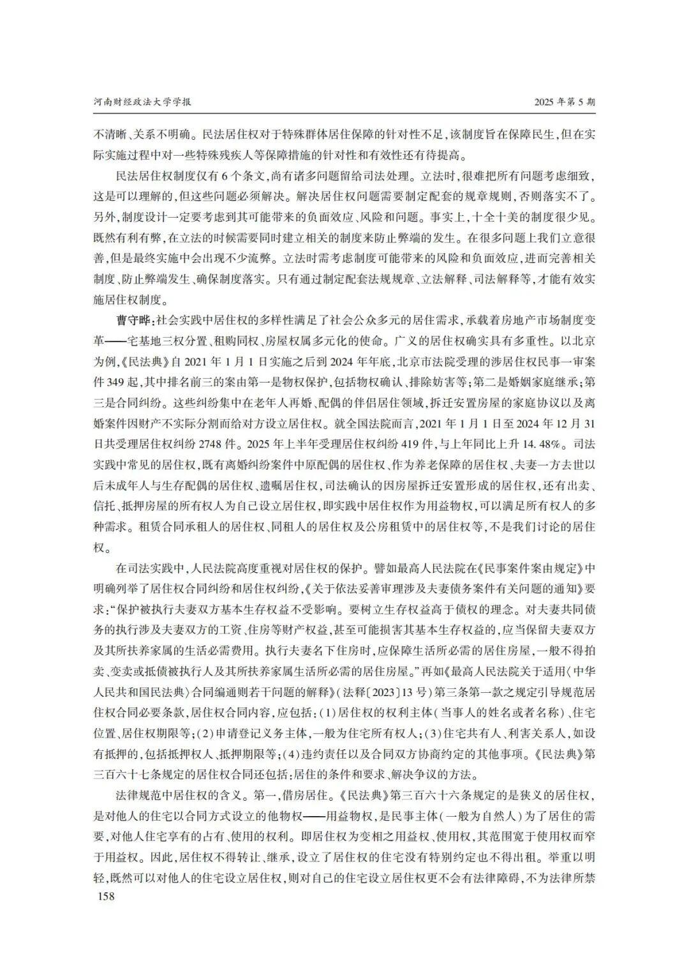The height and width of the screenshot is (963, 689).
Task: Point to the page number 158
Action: tap(104, 897)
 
